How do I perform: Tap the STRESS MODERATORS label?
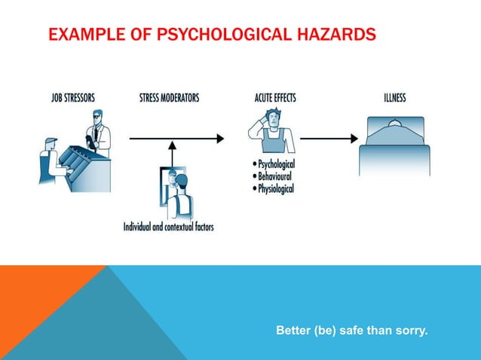pos(169,98)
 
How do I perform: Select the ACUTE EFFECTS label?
pos(275,98)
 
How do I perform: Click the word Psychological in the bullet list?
pos(276,164)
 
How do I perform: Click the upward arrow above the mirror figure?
pos(172,151)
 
